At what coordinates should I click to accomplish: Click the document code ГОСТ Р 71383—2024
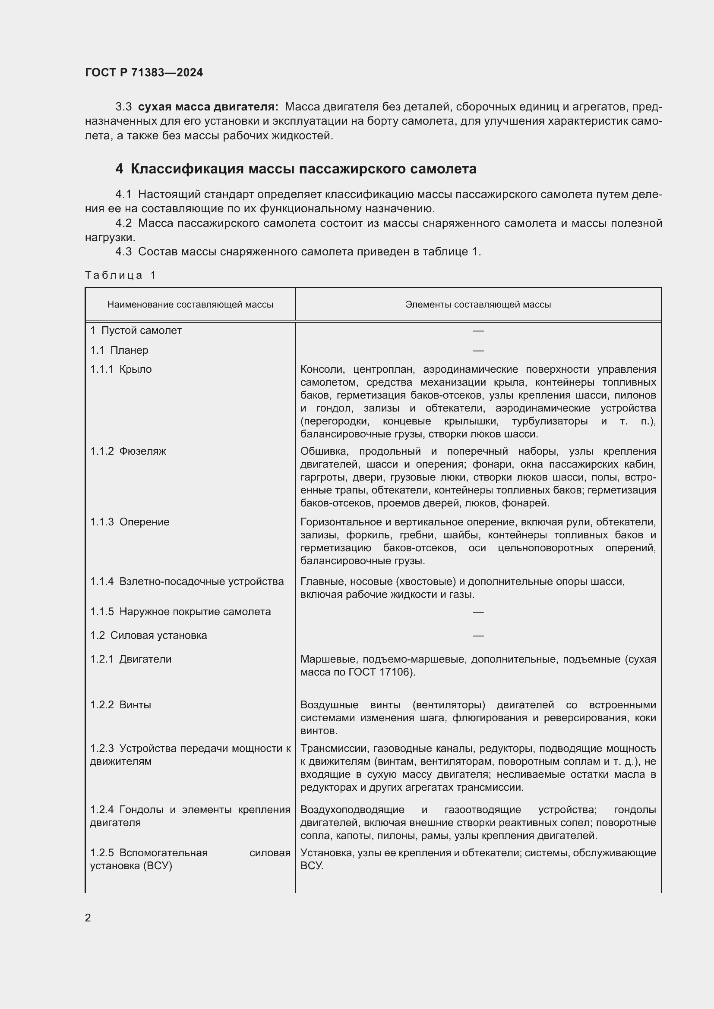tap(144, 72)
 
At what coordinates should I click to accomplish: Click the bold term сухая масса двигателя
tap(208, 107)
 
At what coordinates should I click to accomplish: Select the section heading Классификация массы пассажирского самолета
tap(303, 169)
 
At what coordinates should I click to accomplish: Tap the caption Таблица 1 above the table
tap(120, 275)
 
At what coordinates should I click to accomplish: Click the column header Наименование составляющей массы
tap(190, 305)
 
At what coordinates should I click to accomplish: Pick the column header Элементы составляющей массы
tap(478, 305)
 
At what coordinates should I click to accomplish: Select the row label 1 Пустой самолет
tap(136, 330)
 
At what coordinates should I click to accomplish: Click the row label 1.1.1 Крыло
tap(121, 369)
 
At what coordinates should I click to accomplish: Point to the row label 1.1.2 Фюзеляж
tap(128, 451)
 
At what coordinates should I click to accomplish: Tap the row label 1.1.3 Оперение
tap(130, 522)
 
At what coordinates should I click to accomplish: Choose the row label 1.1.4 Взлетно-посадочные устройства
tap(187, 582)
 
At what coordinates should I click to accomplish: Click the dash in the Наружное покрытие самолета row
tap(478, 612)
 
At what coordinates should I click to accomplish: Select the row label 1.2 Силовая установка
tap(148, 635)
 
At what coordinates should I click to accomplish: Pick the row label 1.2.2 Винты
tap(120, 705)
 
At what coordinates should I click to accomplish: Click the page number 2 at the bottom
tap(88, 918)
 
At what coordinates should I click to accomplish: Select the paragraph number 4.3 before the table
tap(123, 252)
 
